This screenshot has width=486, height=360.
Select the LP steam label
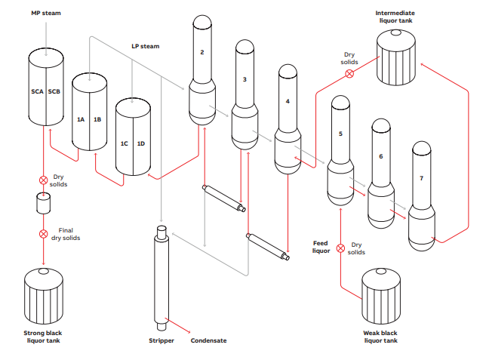pos(146,47)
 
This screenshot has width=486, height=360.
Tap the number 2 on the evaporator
pos(202,52)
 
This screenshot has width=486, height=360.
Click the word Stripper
pos(161,341)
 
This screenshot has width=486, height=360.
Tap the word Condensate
pos(208,341)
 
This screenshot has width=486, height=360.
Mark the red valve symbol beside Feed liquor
pos(340,247)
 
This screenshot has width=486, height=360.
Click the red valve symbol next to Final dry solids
pos(43,234)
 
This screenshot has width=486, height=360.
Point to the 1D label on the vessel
pos(140,143)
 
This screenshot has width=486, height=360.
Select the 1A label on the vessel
pos(81,119)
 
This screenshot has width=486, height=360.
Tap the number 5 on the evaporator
pos(340,134)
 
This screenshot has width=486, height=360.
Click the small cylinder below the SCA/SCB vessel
pos(43,203)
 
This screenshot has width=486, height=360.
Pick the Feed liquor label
pos(321,248)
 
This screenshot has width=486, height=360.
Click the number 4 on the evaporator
pos(287,100)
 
